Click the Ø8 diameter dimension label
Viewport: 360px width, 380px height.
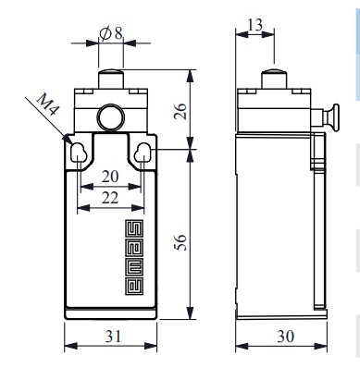(111, 33)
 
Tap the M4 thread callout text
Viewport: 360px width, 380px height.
(48, 104)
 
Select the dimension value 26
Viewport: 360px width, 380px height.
(180, 111)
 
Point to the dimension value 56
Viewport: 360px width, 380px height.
(180, 242)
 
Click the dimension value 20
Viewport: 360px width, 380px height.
(110, 177)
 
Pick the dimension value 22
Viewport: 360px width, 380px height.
(110, 198)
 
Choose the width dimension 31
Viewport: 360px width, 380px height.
(113, 337)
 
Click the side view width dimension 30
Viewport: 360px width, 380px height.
(286, 337)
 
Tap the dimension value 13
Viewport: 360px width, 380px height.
(255, 25)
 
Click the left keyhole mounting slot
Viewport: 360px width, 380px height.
(78, 153)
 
